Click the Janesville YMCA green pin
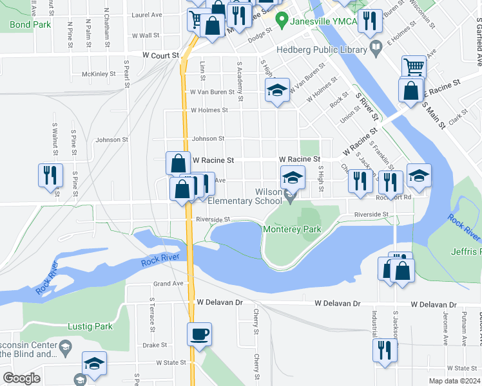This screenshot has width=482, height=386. [x=281, y=21]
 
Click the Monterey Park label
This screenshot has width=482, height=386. [x=292, y=229]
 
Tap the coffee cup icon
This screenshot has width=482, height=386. [x=199, y=334]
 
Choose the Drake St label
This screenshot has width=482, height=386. [x=155, y=345]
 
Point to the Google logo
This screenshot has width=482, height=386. [x=21, y=378]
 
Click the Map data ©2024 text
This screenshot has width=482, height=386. [x=454, y=381]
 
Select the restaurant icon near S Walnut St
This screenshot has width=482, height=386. [x=50, y=175]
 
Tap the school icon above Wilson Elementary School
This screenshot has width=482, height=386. [x=292, y=177]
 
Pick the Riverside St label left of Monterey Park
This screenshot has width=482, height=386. [x=213, y=219]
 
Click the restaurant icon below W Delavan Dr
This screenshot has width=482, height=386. [x=385, y=350]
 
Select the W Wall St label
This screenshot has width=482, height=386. [x=145, y=36]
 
